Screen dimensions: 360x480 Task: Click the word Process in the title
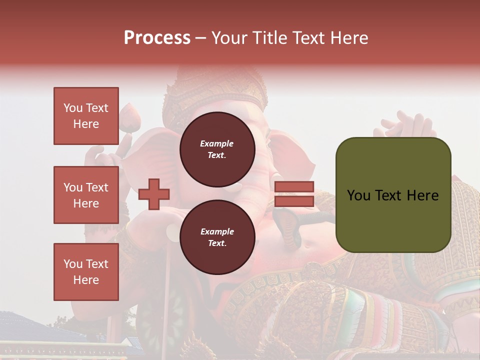[157, 38]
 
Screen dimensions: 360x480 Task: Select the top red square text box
[86, 116]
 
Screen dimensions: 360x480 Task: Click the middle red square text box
[86, 195]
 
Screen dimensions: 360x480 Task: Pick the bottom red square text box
[86, 271]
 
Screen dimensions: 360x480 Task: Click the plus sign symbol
[154, 194]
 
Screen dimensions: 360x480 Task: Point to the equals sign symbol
[294, 194]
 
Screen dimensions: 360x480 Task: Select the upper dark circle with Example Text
[217, 149]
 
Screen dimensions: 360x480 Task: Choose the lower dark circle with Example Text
[217, 237]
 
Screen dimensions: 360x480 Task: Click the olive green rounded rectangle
[393, 195]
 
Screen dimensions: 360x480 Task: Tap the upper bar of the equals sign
[294, 187]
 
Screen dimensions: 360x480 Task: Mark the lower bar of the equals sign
[294, 201]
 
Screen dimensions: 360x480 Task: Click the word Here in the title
[348, 38]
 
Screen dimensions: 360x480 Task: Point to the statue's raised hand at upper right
[410, 125]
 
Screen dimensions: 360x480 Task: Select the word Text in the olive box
[391, 195]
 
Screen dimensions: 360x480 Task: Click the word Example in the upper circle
[217, 143]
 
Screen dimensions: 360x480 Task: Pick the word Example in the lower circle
[217, 231]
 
